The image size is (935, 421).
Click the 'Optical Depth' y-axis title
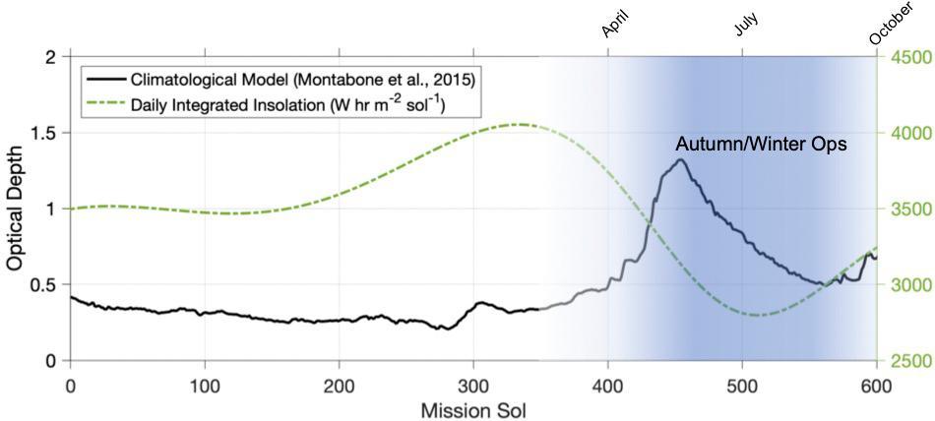tap(17, 209)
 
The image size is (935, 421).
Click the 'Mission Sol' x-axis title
tap(472, 406)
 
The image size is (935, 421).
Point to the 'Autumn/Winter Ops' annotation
tap(761, 144)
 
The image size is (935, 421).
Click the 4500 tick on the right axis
tap(904, 57)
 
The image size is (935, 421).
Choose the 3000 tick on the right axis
tap(904, 285)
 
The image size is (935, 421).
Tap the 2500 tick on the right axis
tap(904, 361)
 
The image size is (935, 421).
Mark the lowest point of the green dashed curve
tap(756, 315)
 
